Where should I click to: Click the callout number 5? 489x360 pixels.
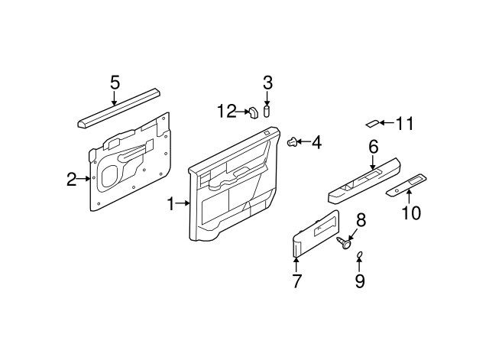(115, 83)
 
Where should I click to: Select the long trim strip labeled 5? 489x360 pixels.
(119, 109)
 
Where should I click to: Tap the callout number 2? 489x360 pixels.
(71, 180)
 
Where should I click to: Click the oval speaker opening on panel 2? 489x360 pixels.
(110, 177)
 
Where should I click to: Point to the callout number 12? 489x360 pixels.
(227, 111)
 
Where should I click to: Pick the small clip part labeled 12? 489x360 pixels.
(253, 113)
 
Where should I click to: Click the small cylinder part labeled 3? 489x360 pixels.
(267, 112)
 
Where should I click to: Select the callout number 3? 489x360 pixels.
(267, 83)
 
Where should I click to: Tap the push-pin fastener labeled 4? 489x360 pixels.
(291, 142)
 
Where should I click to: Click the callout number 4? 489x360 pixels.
(316, 143)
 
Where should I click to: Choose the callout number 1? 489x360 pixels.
(170, 204)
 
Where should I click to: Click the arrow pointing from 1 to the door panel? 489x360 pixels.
(183, 203)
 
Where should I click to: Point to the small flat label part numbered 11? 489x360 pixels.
(372, 123)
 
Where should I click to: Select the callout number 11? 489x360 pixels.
(404, 124)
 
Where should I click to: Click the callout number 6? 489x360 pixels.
(374, 147)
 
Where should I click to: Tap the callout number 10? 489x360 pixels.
(411, 213)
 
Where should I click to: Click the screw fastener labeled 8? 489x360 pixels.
(344, 243)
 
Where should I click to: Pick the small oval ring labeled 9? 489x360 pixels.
(360, 255)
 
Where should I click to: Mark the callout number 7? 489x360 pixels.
(296, 281)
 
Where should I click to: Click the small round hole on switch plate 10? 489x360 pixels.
(397, 190)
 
